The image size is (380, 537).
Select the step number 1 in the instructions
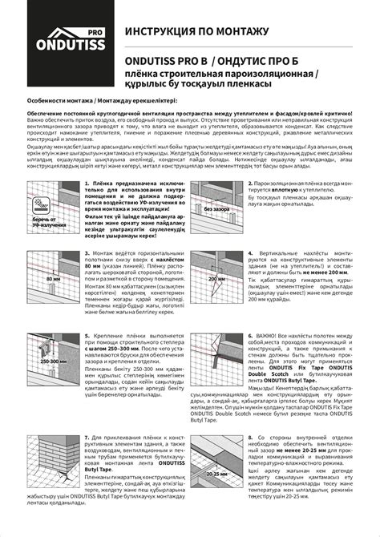87,207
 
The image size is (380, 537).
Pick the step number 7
87,441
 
